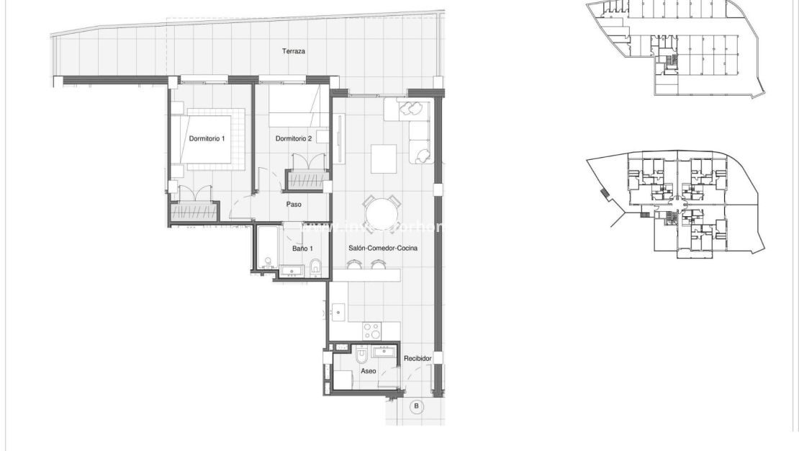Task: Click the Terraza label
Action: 294,52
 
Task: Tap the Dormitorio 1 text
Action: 207,138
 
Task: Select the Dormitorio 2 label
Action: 294,138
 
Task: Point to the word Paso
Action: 294,204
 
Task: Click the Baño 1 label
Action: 302,249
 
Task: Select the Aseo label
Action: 368,371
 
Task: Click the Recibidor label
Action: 417,358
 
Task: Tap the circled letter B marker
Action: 416,407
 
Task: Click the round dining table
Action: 384,214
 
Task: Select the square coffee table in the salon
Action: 384,159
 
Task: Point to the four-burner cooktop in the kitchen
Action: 371,331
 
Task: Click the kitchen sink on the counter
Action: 338,313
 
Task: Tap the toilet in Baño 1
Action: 316,269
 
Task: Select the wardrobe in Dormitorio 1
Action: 194,213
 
